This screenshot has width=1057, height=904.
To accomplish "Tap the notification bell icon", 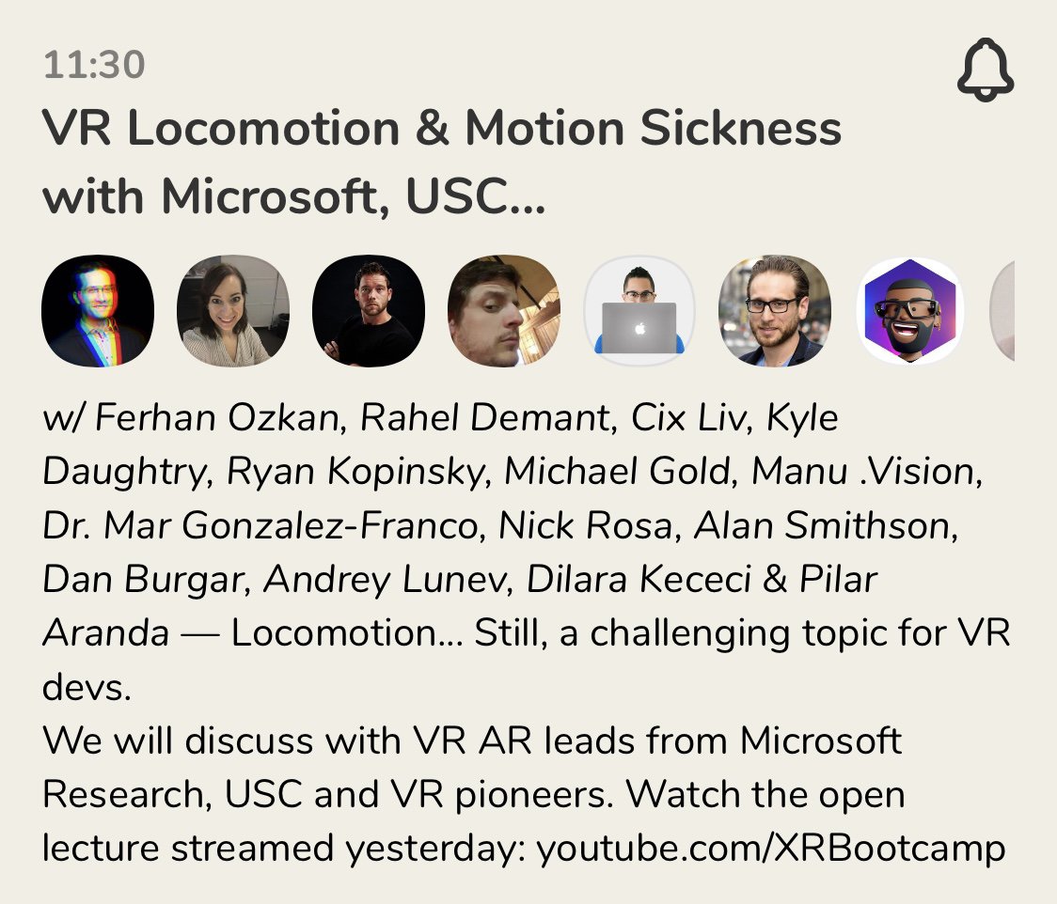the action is (x=985, y=70).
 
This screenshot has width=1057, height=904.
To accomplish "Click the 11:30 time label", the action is (x=94, y=65).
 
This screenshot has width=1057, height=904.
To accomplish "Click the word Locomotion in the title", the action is (x=263, y=127).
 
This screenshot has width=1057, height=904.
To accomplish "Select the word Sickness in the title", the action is (x=740, y=127).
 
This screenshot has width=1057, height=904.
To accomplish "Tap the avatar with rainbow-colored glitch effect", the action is (x=98, y=310).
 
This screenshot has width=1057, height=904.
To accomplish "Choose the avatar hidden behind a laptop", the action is (x=639, y=310).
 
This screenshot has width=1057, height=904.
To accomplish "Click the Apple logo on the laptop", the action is (x=639, y=328).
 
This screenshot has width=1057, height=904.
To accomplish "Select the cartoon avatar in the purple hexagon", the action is (x=910, y=310).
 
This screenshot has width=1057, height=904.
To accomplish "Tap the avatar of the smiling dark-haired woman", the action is (x=233, y=310).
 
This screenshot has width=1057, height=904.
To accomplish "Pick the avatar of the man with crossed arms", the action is (x=369, y=310).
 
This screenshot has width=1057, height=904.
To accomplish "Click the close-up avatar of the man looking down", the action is (x=503, y=310).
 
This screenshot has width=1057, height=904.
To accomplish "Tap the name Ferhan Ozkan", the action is (x=216, y=417).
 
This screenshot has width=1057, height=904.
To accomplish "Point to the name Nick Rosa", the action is (x=585, y=524).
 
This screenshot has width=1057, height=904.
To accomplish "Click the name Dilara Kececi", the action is (x=639, y=579).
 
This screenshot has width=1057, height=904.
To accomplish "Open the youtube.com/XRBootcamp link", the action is (x=770, y=849).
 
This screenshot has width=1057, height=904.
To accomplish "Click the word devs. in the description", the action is (x=87, y=687).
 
